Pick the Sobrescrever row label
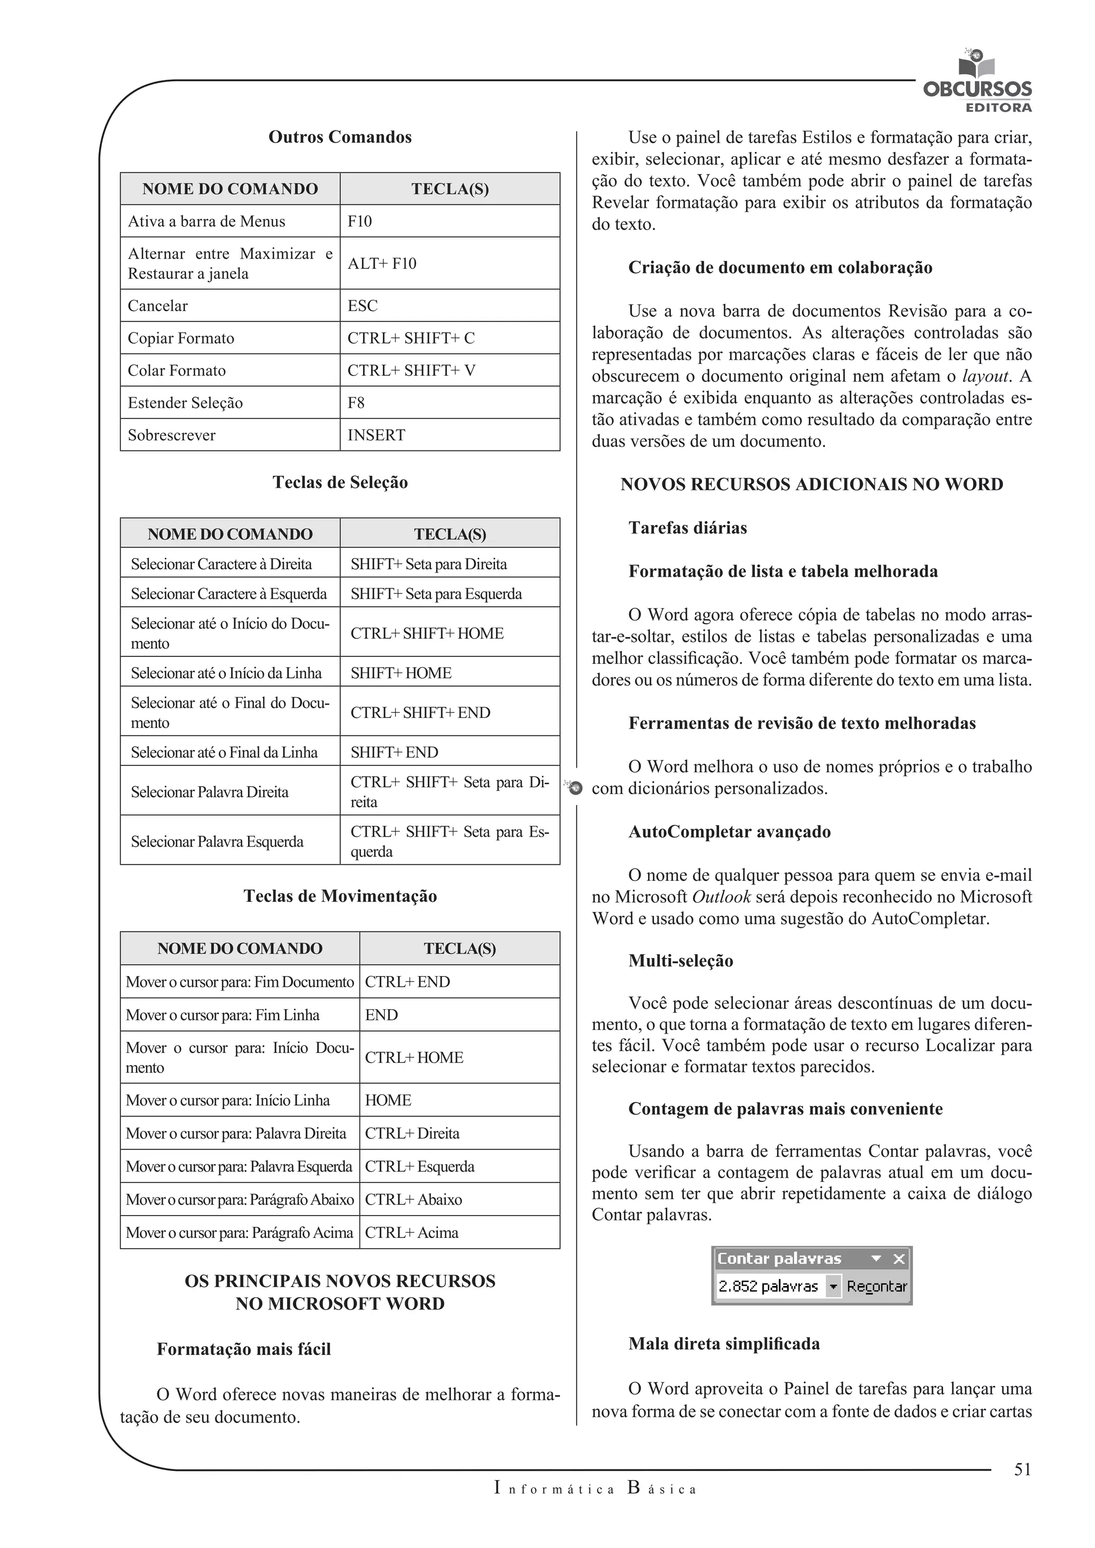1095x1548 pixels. [x=172, y=435]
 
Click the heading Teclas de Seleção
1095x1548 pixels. [x=340, y=482]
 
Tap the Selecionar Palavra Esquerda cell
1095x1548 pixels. [x=217, y=841]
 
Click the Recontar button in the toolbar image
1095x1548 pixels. [x=876, y=1287]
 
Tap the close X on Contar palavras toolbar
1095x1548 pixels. [x=899, y=1259]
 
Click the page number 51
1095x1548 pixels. [x=1022, y=1470]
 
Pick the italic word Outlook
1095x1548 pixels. [x=721, y=897]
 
